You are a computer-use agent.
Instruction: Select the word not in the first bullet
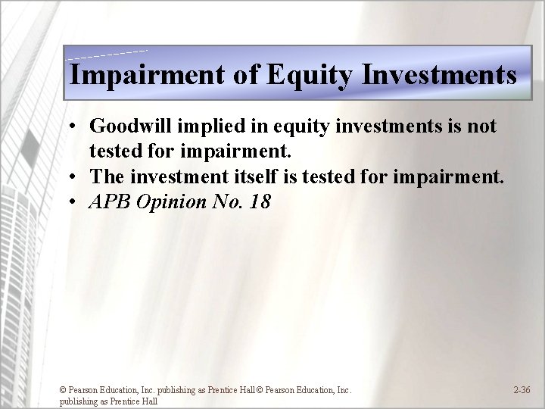(481, 126)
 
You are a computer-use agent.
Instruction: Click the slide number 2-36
(522, 390)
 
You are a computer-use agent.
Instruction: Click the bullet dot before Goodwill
(70, 127)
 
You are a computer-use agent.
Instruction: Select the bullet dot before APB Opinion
(70, 204)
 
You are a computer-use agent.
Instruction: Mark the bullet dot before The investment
(70, 178)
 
